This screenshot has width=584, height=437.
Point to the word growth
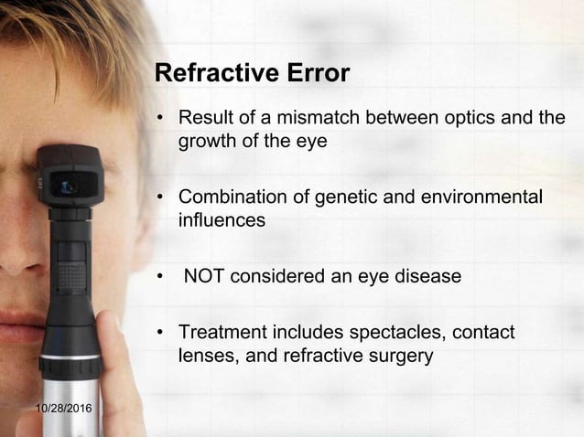(x=208, y=142)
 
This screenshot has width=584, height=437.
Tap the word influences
(x=221, y=220)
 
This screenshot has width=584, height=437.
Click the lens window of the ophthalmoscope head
(x=67, y=186)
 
